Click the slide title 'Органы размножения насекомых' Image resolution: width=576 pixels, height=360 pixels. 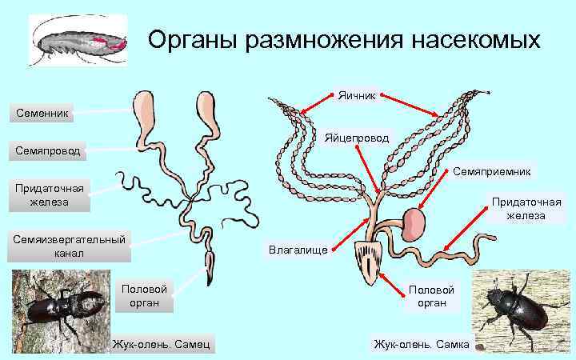345,39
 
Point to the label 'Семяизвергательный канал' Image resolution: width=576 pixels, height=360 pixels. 69,246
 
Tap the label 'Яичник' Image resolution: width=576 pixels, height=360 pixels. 355,95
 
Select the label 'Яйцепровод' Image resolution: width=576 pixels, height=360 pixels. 357,138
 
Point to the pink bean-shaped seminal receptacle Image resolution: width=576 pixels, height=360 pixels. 414,224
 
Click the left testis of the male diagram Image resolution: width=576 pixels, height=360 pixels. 146,112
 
